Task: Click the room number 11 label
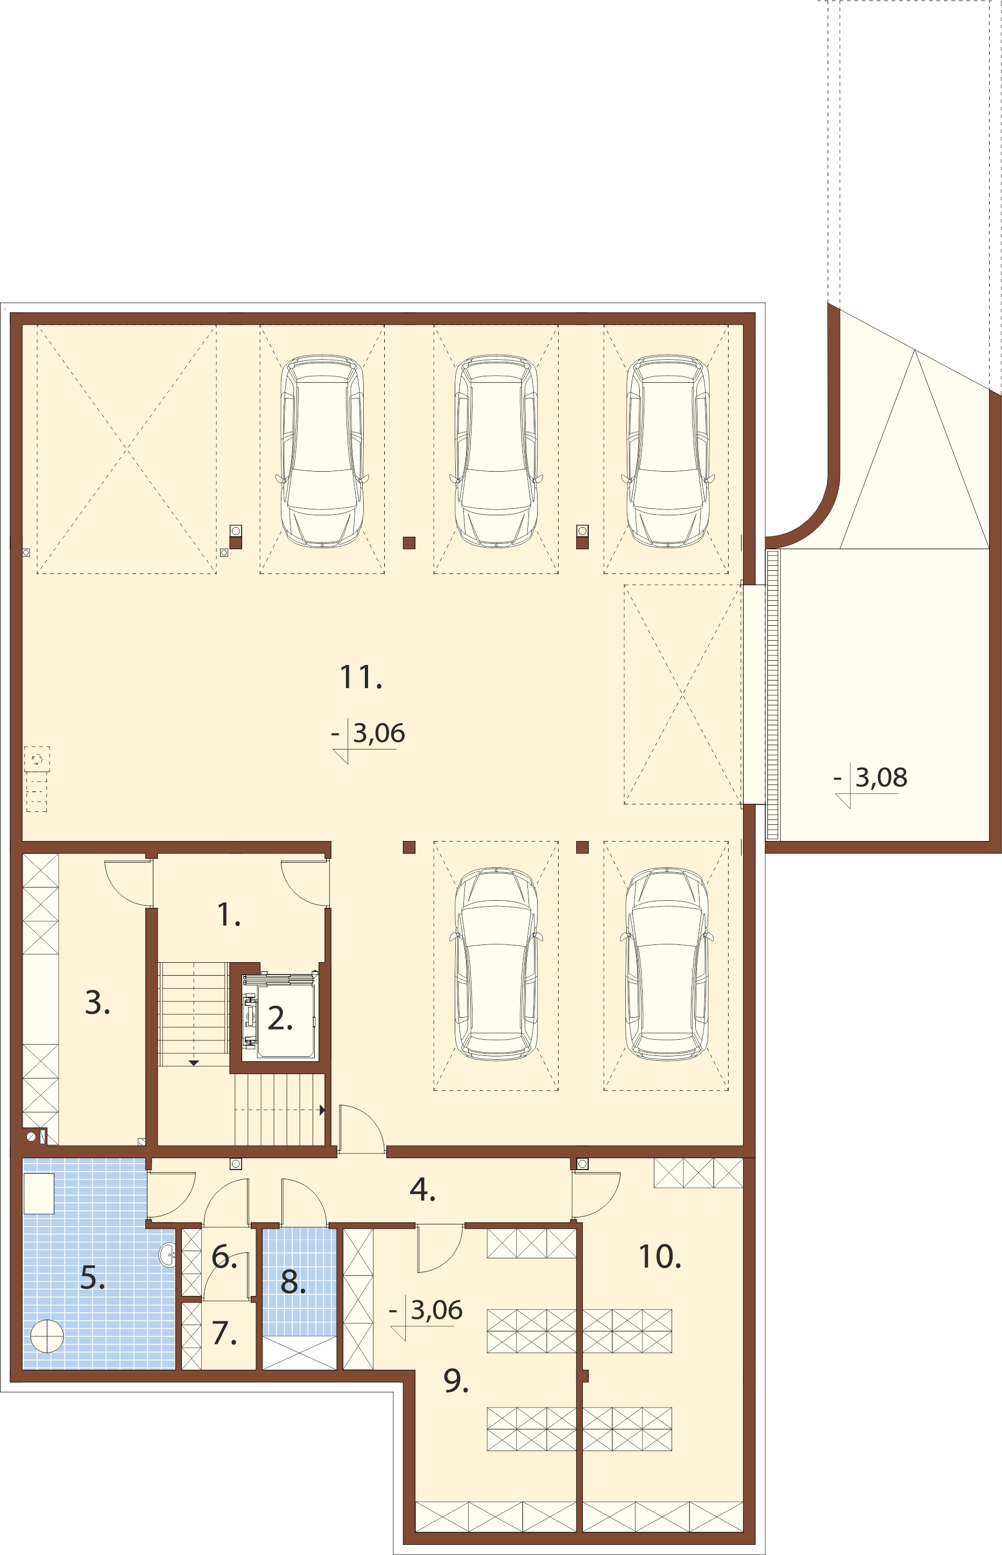pos(361,677)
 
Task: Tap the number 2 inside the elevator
pos(280,1018)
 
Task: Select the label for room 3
pos(97,1003)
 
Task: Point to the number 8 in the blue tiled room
pos(293,1281)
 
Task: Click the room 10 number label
pos(660,1257)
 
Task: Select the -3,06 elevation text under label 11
pos(368,733)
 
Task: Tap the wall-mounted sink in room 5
pos(168,1255)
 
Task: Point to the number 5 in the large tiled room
pos(93,1278)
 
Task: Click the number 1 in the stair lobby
pos(228,914)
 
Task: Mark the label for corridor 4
pos(422,1190)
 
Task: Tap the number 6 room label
pos(224,1256)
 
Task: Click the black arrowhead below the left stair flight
pos(193,1063)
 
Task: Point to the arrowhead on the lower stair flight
pos(321,1110)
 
